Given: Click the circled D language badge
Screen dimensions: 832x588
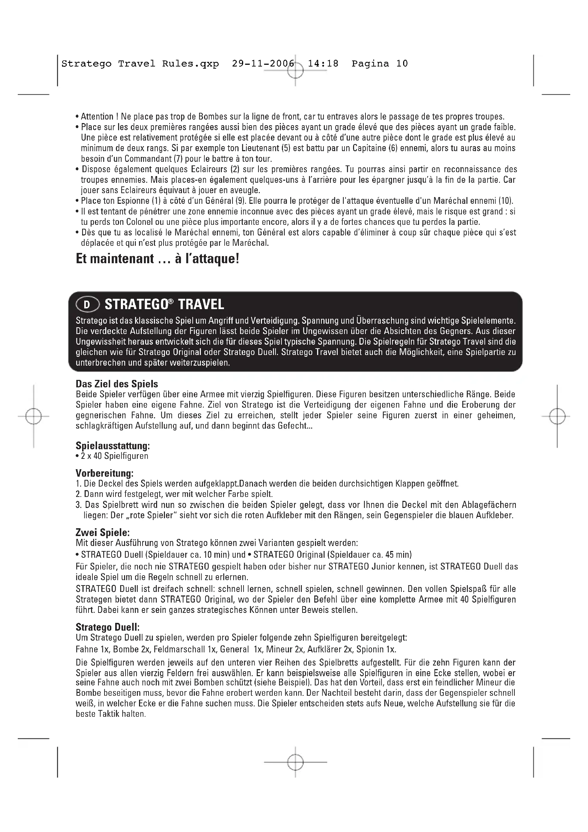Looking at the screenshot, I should (x=87, y=305).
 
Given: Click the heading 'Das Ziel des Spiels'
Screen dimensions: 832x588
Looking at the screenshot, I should (x=117, y=384).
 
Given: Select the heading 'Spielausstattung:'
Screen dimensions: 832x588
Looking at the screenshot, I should (x=113, y=445).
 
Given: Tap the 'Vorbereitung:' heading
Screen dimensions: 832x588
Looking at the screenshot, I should (x=105, y=473).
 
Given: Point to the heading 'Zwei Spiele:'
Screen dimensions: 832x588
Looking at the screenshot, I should (x=102, y=532).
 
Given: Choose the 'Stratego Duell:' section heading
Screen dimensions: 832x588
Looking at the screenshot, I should (x=107, y=627).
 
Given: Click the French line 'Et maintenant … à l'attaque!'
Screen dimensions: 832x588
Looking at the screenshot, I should (x=157, y=259).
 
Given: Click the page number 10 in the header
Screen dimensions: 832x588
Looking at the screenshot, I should (x=402, y=64).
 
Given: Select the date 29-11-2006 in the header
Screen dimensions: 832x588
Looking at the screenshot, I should (x=263, y=64).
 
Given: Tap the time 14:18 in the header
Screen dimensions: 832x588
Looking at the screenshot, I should (x=323, y=64).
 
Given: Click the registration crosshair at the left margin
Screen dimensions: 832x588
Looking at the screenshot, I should (x=34, y=417).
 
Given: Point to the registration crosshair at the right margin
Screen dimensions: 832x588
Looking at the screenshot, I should (x=557, y=417).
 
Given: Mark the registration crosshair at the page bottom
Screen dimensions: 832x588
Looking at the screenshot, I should (x=295, y=762).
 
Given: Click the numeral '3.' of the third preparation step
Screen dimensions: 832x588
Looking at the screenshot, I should (x=79, y=505).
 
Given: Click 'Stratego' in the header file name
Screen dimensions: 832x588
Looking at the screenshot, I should (x=86, y=64).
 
